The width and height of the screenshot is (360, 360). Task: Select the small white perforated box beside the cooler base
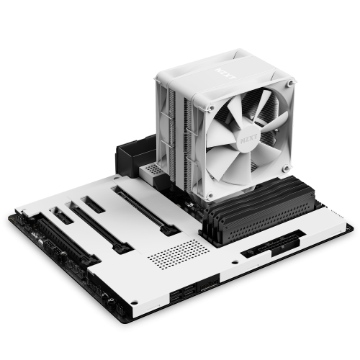(x=156, y=173)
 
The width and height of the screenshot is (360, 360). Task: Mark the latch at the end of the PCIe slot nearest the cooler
(x=173, y=229)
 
